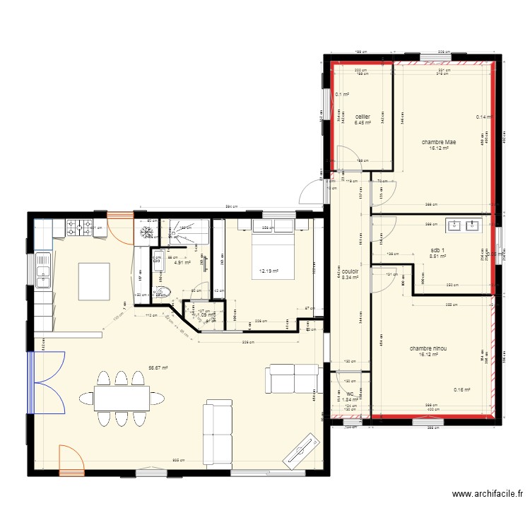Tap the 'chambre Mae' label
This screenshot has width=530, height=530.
click(x=438, y=142)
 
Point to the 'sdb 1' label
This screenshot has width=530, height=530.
click(x=439, y=250)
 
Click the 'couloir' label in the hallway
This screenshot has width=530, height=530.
click(x=349, y=271)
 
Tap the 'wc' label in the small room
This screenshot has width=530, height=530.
click(x=349, y=394)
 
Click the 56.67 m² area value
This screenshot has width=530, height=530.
click(x=159, y=367)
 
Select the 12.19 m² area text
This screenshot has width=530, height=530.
click(x=269, y=271)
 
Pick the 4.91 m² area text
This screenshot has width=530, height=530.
click(x=182, y=262)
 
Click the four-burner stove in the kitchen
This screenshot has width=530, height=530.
click(x=77, y=228)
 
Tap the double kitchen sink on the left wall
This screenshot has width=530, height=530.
click(x=43, y=269)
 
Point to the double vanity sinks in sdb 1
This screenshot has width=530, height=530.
click(x=462, y=227)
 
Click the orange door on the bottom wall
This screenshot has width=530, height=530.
click(x=71, y=460)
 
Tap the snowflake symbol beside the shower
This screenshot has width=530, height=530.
click(x=148, y=232)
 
